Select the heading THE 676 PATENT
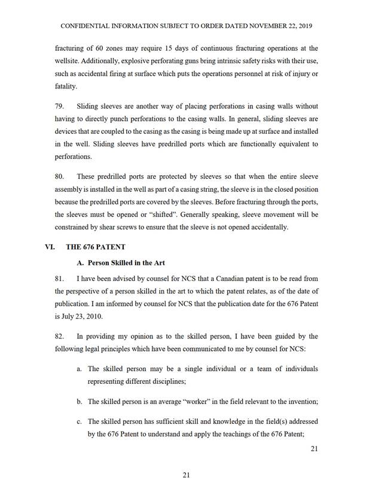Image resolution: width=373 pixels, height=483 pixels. (100, 246)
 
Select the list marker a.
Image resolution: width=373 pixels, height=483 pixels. (80, 369)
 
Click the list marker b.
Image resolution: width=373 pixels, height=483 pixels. (80, 399)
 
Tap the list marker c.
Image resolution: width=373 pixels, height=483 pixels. (80, 422)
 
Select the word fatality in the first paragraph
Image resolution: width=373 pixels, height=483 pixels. (66, 86)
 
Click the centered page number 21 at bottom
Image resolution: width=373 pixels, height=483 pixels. (186, 475)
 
